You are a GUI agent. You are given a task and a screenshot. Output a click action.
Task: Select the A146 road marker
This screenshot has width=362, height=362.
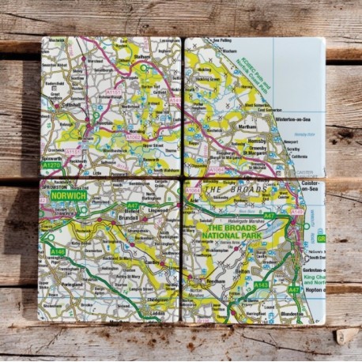pos(56,251)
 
